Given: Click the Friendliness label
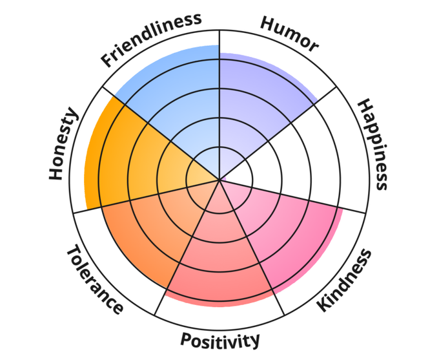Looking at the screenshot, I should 151,39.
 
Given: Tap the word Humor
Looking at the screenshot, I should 289,34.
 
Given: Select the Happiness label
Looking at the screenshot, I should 373,144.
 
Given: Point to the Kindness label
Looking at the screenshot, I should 345,280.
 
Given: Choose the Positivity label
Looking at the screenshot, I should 220,340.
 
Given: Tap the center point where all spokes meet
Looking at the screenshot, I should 219,180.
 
